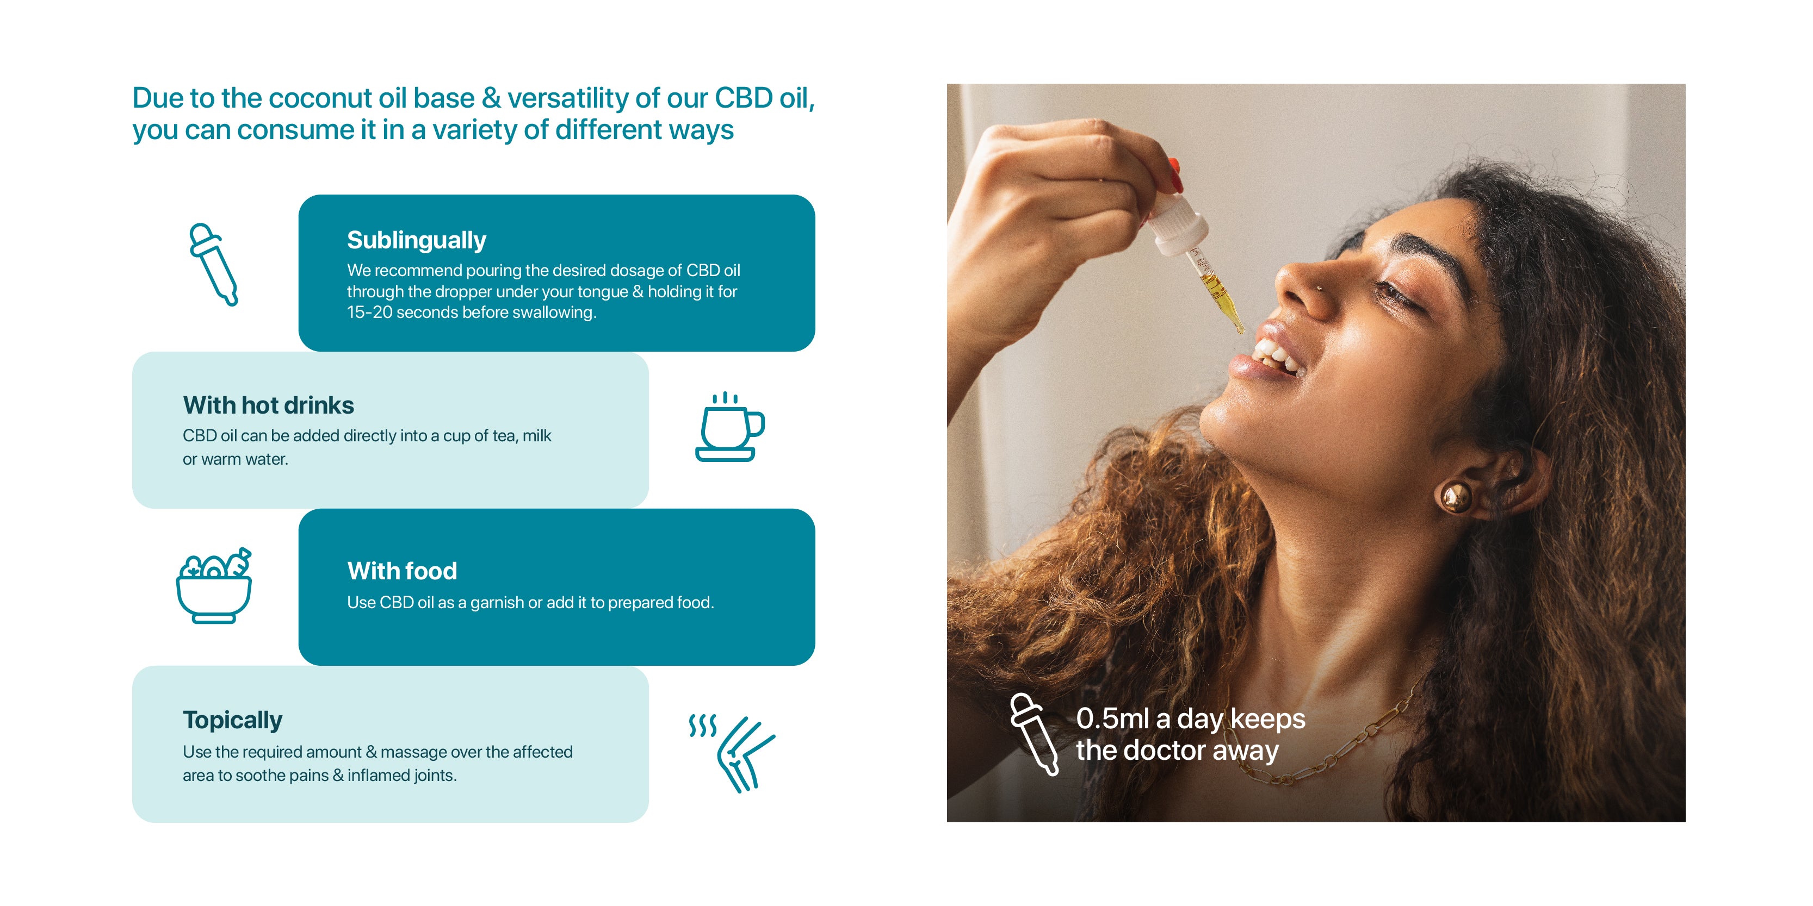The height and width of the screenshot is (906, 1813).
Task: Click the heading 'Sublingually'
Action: click(416, 241)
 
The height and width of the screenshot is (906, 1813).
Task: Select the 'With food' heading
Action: click(402, 571)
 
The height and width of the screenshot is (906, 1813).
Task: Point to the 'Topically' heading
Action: click(232, 720)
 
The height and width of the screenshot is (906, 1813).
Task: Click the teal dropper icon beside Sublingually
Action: click(213, 265)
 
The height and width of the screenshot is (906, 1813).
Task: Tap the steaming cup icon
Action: click(730, 427)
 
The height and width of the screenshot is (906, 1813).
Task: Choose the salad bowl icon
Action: click(214, 585)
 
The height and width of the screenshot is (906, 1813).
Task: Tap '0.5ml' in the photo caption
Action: click(1112, 719)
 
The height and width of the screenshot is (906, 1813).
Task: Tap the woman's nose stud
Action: click(1320, 288)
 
